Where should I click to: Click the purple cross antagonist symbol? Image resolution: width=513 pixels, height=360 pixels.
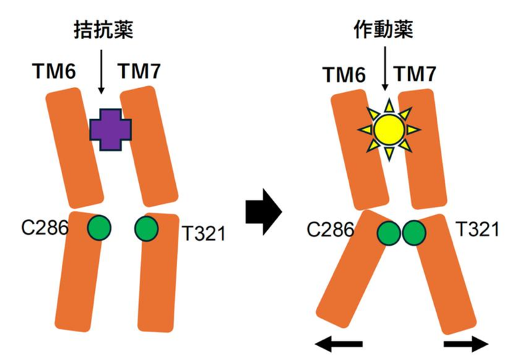(110, 129)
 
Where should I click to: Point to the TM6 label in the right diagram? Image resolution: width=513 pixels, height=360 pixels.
(343, 75)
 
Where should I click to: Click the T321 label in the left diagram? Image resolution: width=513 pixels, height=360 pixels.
(204, 232)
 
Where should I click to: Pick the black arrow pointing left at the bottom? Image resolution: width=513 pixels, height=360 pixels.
(339, 344)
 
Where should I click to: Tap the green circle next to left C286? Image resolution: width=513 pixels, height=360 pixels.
(99, 227)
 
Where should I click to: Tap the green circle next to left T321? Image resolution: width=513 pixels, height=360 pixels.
(146, 228)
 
